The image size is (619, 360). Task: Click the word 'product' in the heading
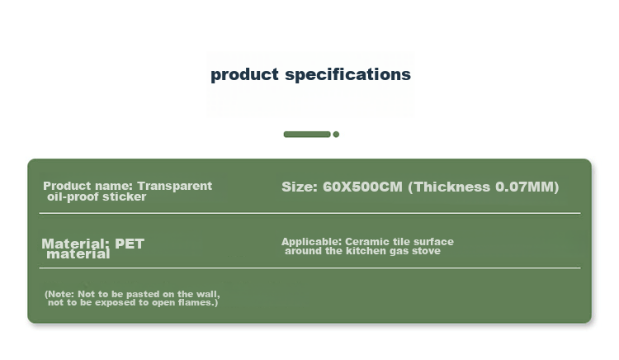click(244, 75)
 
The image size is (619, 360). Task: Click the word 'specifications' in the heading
click(347, 74)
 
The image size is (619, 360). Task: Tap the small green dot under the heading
click(336, 135)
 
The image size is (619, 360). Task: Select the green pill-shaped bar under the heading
click(307, 135)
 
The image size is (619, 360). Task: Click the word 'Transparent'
click(174, 186)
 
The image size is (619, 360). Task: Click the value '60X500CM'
click(362, 187)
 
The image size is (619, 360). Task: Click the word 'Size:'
click(300, 187)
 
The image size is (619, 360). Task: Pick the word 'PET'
click(130, 244)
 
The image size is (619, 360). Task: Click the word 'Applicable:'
click(311, 242)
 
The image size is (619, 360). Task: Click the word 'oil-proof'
click(73, 197)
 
